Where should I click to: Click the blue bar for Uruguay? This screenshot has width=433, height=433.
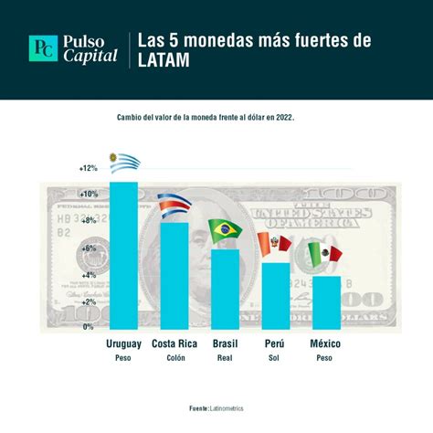[124, 256]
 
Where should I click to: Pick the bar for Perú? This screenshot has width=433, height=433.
[275, 296]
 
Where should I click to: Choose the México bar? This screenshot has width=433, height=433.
[325, 302]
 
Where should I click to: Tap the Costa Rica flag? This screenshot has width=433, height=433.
[174, 206]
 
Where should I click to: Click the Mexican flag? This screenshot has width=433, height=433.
[324, 252]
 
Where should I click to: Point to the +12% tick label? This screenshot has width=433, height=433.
[88, 168]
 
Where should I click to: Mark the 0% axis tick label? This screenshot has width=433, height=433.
[90, 327]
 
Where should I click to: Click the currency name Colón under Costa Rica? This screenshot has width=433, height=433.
[174, 358]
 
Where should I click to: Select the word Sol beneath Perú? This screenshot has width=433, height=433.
[275, 358]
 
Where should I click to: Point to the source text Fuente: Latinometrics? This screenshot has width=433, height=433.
[216, 408]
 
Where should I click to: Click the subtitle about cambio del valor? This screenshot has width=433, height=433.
[217, 117]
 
